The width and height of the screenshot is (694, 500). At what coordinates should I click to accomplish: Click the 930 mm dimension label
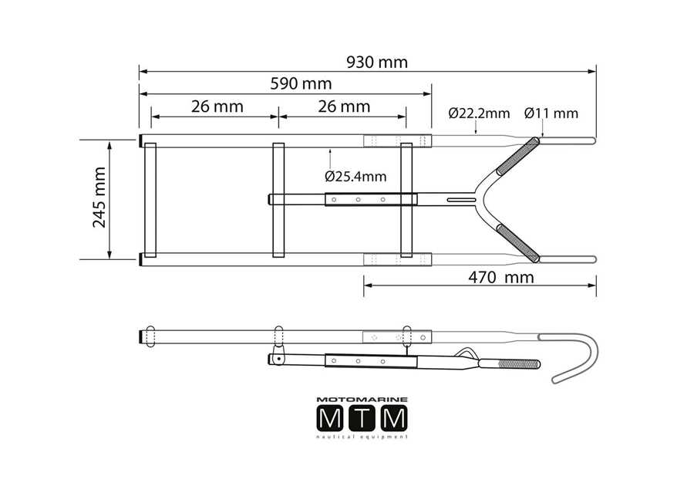point(376,62)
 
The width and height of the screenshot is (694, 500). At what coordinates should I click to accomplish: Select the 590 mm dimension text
point(301,83)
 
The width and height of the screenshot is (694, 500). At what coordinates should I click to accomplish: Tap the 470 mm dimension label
point(501,277)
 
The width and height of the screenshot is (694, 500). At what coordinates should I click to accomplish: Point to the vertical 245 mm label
point(99,198)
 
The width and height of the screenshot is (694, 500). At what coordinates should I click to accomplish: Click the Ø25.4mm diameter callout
point(355,177)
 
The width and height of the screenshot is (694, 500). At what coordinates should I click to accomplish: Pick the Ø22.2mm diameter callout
point(479,113)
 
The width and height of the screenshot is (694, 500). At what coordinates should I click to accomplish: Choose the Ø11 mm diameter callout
point(551,113)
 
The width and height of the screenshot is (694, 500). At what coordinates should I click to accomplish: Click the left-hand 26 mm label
point(217,106)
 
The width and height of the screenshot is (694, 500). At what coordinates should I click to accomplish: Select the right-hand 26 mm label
point(344,106)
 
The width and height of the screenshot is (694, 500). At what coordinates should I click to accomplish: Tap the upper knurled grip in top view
point(517,157)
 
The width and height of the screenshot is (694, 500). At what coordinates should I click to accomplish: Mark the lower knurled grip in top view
point(517,243)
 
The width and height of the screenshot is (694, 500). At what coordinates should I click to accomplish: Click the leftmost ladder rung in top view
point(150,200)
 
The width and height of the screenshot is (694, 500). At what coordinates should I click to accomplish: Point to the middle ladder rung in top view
point(278,200)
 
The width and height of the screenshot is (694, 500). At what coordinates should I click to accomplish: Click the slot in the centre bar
point(461,200)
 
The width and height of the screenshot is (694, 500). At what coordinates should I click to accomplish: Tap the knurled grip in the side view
point(519,364)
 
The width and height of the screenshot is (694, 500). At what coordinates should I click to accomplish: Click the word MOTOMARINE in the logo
point(362,400)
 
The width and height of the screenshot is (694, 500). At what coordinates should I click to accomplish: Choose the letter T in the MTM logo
point(362,418)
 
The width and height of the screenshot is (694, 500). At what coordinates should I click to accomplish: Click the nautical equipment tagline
point(362,437)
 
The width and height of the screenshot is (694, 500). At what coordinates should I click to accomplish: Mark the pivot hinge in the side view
point(278,356)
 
